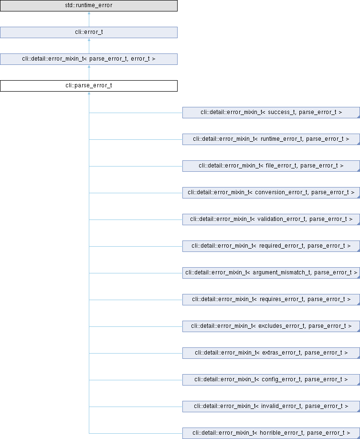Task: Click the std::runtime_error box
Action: (x=89, y=6)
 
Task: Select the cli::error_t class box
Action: (x=89, y=32)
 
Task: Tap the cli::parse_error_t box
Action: (x=89, y=86)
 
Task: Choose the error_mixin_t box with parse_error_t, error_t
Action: (x=89, y=59)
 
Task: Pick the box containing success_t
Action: (x=271, y=113)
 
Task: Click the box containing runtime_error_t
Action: (x=271, y=139)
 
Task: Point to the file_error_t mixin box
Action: (x=271, y=166)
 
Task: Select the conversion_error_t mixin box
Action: (x=271, y=193)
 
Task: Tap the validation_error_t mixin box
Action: (x=271, y=219)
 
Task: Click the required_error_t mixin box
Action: (x=271, y=246)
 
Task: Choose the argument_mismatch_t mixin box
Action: (x=271, y=273)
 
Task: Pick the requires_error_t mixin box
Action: (x=271, y=300)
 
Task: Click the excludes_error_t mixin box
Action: (x=271, y=326)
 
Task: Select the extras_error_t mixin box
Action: (x=271, y=353)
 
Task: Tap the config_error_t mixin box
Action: (x=271, y=380)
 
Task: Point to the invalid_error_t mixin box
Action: (x=271, y=407)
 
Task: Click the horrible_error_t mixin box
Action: (x=271, y=433)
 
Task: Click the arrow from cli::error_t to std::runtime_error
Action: (x=89, y=19)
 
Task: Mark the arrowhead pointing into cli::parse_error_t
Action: (x=89, y=93)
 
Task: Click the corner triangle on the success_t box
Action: (x=359, y=117)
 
